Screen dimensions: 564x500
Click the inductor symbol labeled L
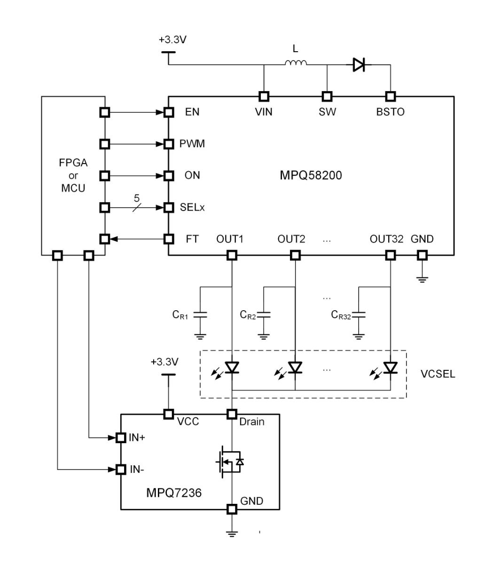(296, 63)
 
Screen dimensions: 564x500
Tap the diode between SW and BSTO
(359, 65)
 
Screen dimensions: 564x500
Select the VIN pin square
(264, 96)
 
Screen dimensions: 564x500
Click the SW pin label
(328, 112)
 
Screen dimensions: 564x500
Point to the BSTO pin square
(390, 96)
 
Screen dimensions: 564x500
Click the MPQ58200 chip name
(311, 176)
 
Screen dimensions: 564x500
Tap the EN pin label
(192, 112)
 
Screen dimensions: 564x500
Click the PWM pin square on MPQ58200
(169, 144)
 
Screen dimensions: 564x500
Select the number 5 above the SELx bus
(137, 198)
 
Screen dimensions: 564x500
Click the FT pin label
(192, 239)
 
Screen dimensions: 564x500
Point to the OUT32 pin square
(390, 255)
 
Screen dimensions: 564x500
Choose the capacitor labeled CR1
(201, 315)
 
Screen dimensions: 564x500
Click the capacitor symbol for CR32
(359, 315)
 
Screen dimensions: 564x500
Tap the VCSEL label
(438, 375)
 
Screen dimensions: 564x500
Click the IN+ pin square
(121, 438)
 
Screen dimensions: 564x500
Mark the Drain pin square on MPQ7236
(232, 414)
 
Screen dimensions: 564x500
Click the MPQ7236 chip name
(174, 493)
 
